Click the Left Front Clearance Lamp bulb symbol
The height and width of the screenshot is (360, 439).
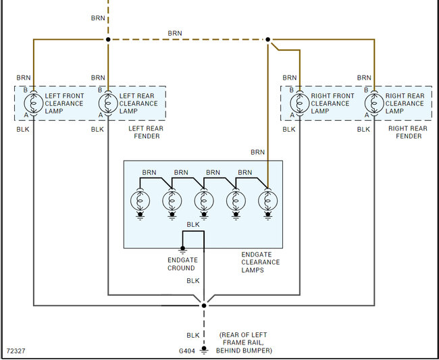click(x=33, y=103)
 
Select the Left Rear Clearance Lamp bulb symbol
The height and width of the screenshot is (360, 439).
click(x=107, y=103)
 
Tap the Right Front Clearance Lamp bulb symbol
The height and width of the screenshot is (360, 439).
click(x=299, y=103)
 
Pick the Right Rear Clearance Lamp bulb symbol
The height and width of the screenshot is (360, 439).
click(x=373, y=103)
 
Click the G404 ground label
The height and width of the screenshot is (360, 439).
click(x=186, y=351)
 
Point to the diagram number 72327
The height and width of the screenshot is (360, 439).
click(x=16, y=351)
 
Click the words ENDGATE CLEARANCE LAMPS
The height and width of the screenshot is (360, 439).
click(x=260, y=262)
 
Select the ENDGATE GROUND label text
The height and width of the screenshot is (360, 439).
click(x=181, y=263)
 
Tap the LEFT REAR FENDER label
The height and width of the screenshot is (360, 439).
click(x=144, y=132)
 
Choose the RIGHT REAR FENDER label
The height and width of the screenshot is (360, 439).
click(x=408, y=132)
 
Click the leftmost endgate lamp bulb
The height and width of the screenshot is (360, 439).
click(x=140, y=201)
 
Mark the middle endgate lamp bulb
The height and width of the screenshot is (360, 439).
click(x=204, y=201)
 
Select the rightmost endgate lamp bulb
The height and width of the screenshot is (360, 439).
click(x=267, y=201)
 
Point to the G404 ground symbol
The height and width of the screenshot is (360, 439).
click(x=203, y=350)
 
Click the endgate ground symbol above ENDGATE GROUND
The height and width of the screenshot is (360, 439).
click(x=182, y=249)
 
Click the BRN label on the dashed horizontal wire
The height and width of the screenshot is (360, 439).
click(x=175, y=33)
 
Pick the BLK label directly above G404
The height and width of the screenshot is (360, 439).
click(x=193, y=335)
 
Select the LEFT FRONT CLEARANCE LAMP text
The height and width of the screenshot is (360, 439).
click(x=65, y=103)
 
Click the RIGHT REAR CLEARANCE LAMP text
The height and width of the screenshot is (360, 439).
click(x=405, y=103)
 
